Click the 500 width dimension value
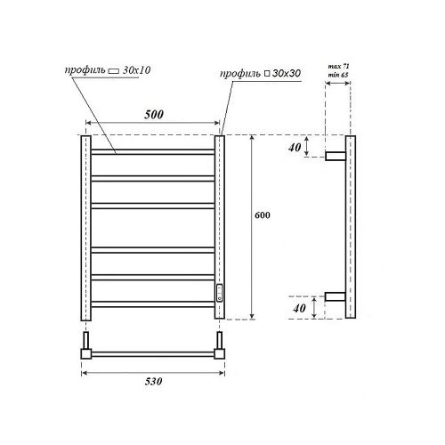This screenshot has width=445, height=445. click(152, 115)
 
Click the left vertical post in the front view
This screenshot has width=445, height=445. click(86, 228)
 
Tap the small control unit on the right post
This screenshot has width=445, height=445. click(220, 290)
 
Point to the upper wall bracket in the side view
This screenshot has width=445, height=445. click(336, 155)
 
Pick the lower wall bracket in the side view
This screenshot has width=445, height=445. click(336, 296)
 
